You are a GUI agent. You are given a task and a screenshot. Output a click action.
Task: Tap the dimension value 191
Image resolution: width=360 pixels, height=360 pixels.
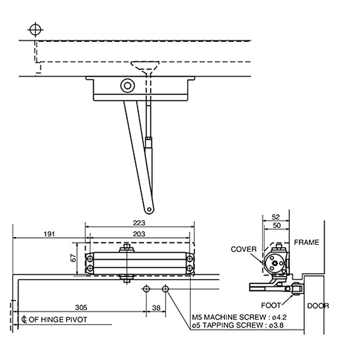click(x=50, y=233)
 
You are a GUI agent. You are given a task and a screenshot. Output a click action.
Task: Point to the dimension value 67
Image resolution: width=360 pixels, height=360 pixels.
click(x=73, y=258)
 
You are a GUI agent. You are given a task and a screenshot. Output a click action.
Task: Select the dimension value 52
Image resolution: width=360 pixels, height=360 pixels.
click(x=275, y=217)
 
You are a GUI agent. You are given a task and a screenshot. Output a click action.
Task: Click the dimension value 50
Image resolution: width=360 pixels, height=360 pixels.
click(x=275, y=226)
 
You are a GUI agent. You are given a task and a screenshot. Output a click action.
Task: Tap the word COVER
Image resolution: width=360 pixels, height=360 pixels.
click(x=244, y=249)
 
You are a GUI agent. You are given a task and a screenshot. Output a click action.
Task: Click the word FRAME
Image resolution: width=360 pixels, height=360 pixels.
click(x=307, y=242)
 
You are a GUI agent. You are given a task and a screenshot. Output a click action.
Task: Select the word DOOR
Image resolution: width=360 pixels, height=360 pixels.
click(x=318, y=305)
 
